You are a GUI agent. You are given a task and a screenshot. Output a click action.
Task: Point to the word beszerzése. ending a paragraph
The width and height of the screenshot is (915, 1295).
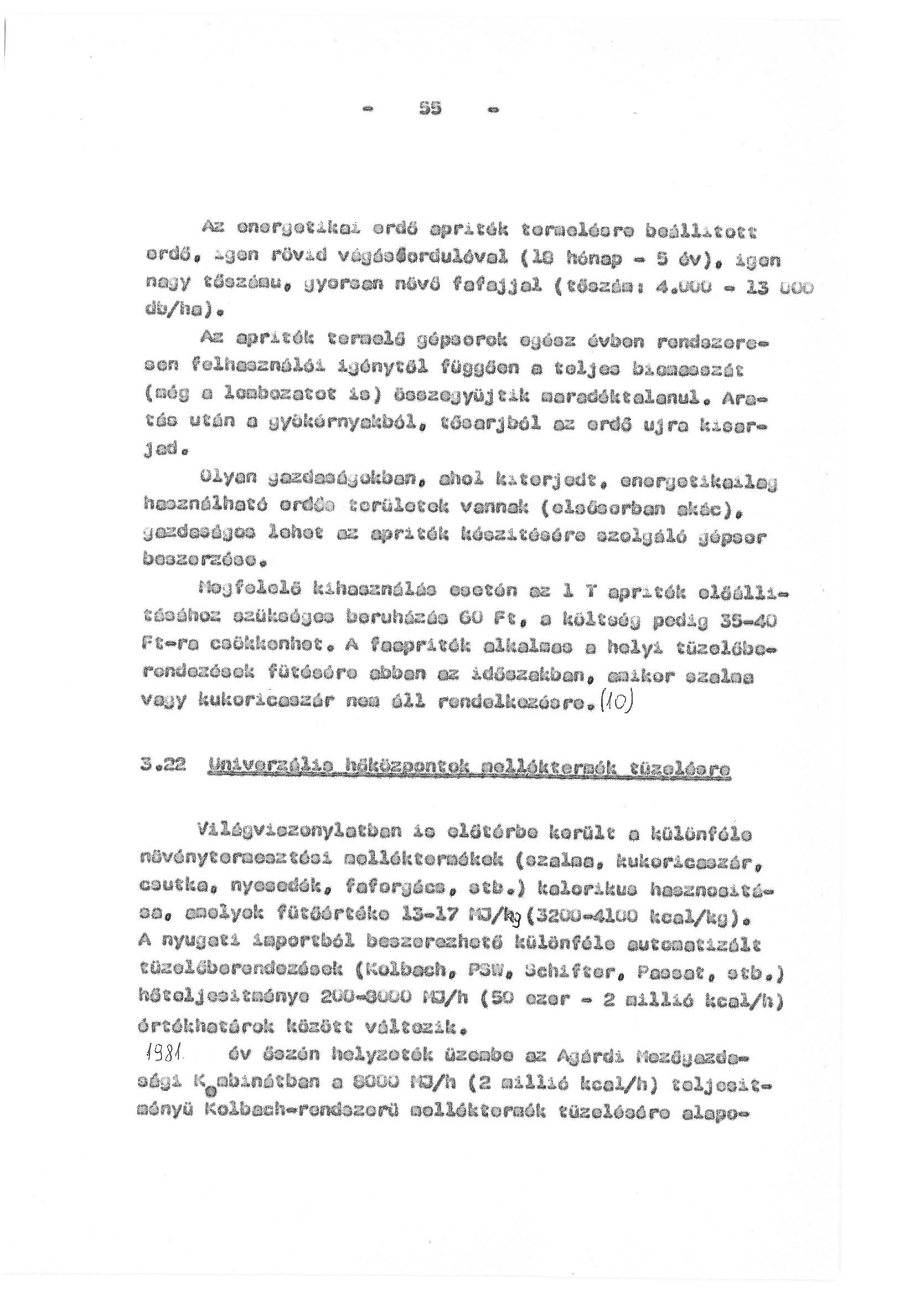tap(204, 561)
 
